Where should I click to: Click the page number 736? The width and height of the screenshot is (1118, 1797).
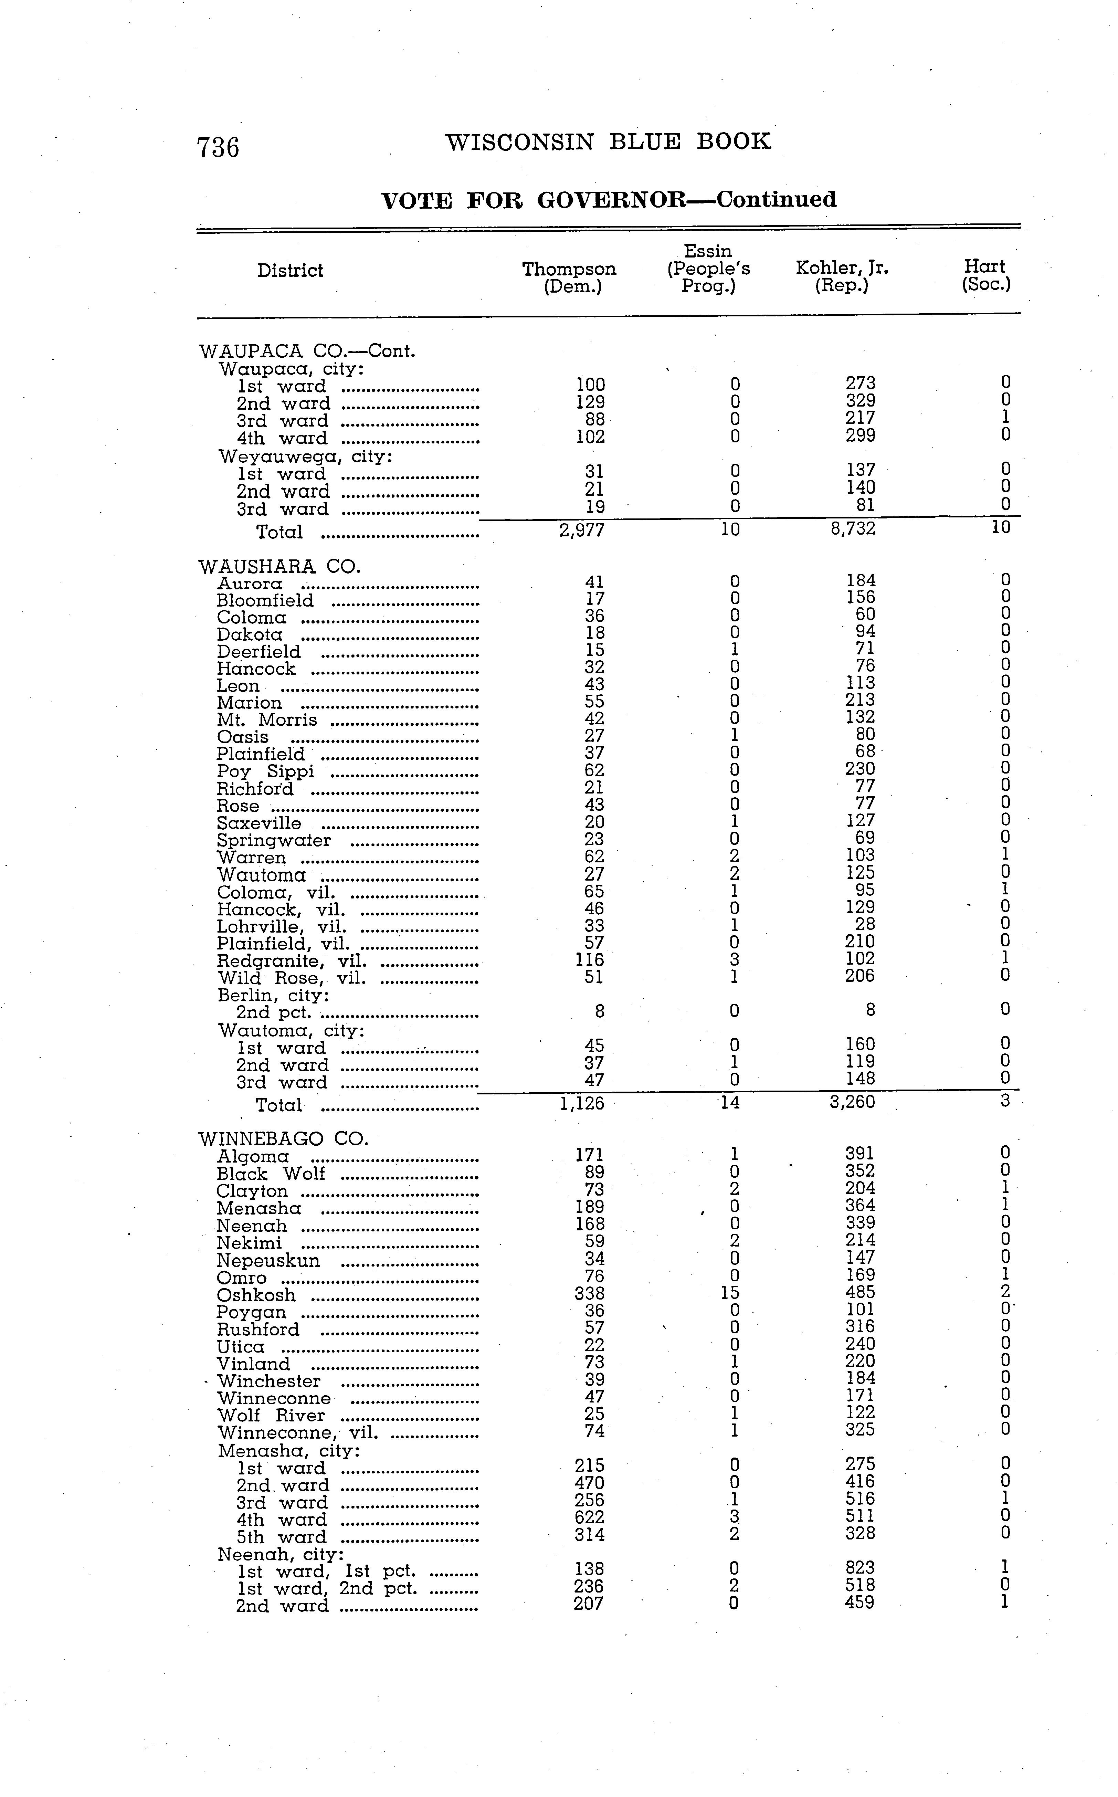pyautogui.click(x=218, y=147)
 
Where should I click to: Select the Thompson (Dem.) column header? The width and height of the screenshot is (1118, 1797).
pyautogui.click(x=569, y=277)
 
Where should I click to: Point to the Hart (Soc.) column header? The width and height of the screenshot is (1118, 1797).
pyautogui.click(x=985, y=275)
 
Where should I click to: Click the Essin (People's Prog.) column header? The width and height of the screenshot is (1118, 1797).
pyautogui.click(x=708, y=269)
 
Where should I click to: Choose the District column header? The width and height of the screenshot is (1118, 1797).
pyautogui.click(x=290, y=271)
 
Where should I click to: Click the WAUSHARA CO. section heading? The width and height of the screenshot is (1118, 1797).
pyautogui.click(x=279, y=566)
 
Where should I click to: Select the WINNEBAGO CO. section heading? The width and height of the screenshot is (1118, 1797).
pyautogui.click(x=283, y=1139)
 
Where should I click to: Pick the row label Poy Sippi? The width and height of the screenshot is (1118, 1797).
pyautogui.click(x=265, y=771)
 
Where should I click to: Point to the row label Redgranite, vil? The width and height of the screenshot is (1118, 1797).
pyautogui.click(x=291, y=960)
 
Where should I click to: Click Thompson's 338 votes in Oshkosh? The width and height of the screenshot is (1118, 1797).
pyautogui.click(x=589, y=1293)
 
